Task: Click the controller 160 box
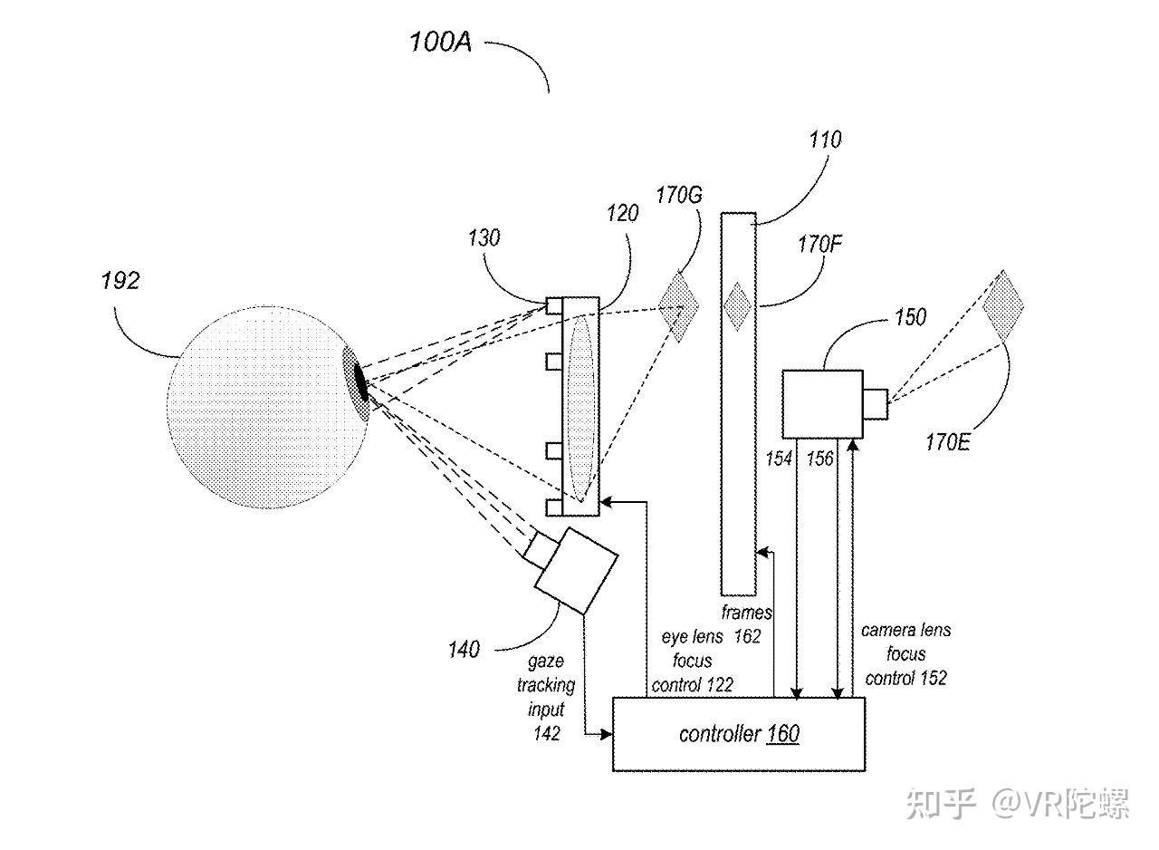[x=738, y=734]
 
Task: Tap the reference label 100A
[x=440, y=42]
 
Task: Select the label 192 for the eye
[x=120, y=281]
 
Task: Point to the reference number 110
[x=824, y=140]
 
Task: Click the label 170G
[x=679, y=195]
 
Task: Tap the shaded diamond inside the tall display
[x=739, y=306]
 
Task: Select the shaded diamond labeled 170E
[x=1002, y=305]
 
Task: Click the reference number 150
[x=909, y=317]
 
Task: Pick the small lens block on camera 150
[x=875, y=403]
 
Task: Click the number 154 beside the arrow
[x=779, y=459]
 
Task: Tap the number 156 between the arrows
[x=819, y=459]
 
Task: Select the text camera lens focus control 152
[x=905, y=654]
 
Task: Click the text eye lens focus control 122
[x=693, y=662]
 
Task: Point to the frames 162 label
[x=747, y=625]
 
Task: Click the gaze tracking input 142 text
[x=546, y=698]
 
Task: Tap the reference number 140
[x=465, y=650]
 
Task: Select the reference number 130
[x=484, y=238]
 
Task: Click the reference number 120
[x=622, y=214]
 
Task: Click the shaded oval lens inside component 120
[x=580, y=406]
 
